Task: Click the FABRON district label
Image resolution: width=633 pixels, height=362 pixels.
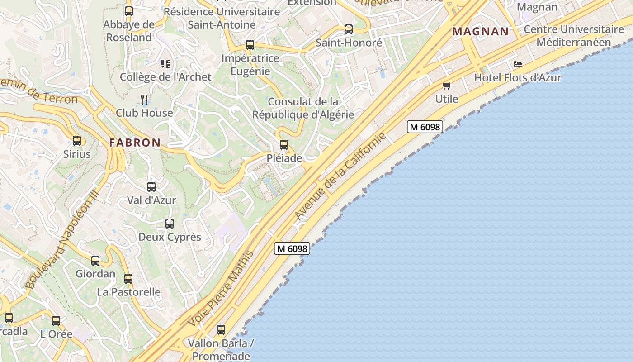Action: point(135,143)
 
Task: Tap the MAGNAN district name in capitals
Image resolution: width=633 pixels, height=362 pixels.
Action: point(481,32)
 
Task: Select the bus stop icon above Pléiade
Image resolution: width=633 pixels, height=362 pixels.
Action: point(284,145)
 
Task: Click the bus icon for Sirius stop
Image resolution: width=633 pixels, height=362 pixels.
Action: point(77,141)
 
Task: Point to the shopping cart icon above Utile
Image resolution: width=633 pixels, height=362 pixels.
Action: point(447,86)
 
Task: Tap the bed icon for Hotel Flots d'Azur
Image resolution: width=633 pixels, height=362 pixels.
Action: point(518,64)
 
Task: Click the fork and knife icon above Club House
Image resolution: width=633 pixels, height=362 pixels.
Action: point(144,99)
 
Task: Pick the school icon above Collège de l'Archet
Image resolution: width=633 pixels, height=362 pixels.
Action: point(165,64)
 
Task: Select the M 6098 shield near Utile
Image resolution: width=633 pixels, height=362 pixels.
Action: point(425,127)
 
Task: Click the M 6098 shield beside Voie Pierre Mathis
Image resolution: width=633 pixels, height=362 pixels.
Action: point(292,248)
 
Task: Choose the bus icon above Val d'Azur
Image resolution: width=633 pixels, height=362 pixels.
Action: point(151,186)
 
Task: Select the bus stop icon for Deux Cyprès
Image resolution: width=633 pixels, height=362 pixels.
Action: point(170,224)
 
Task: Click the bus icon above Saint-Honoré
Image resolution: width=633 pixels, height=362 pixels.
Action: point(349,29)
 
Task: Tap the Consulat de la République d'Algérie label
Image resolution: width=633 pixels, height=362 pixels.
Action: point(303,108)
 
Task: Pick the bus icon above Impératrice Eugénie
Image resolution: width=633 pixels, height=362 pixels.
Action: point(250,45)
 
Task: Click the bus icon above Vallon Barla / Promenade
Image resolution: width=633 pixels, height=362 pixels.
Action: point(221,330)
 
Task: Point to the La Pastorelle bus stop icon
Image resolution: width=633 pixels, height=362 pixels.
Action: point(128,278)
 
